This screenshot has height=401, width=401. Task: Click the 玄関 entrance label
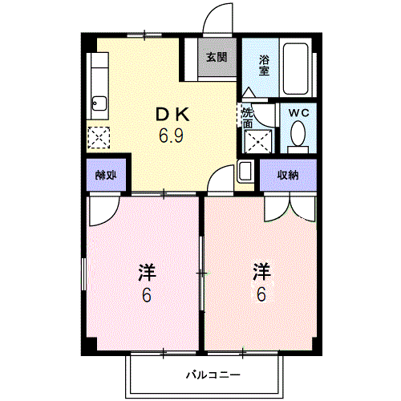(x=215, y=57)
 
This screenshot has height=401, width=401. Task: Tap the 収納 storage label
(x=289, y=176)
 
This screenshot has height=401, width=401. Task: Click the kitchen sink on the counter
(x=99, y=102)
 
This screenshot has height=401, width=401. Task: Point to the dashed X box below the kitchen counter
(x=100, y=137)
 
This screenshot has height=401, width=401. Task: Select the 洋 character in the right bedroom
(x=261, y=271)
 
